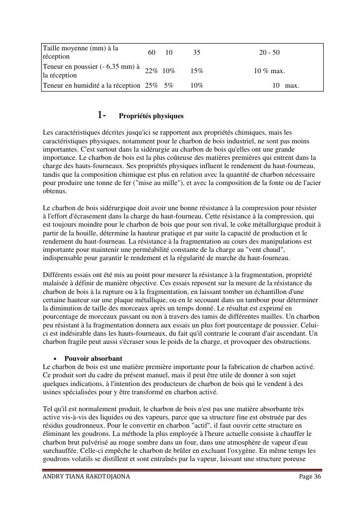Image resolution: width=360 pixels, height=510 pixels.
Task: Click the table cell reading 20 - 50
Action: tap(269, 52)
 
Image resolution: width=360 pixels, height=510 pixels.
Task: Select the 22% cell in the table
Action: tap(151, 71)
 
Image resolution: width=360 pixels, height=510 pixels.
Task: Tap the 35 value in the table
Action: tap(196, 52)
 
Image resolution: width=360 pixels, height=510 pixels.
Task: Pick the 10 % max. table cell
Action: tap(269, 71)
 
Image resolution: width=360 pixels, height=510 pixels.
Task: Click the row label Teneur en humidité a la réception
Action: tap(91, 86)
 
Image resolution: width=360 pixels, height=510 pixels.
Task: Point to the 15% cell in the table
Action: tap(196, 71)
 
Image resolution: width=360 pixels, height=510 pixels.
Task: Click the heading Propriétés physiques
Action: tap(151, 116)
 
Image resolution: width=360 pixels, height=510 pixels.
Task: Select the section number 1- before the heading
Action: tap(102, 115)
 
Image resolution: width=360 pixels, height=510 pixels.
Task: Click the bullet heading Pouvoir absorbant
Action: tap(93, 358)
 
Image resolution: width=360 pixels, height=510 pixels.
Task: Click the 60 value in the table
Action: tap(151, 52)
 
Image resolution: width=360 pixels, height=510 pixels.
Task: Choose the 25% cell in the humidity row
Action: tap(151, 86)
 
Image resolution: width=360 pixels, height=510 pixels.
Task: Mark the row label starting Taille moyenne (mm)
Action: tap(80, 52)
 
